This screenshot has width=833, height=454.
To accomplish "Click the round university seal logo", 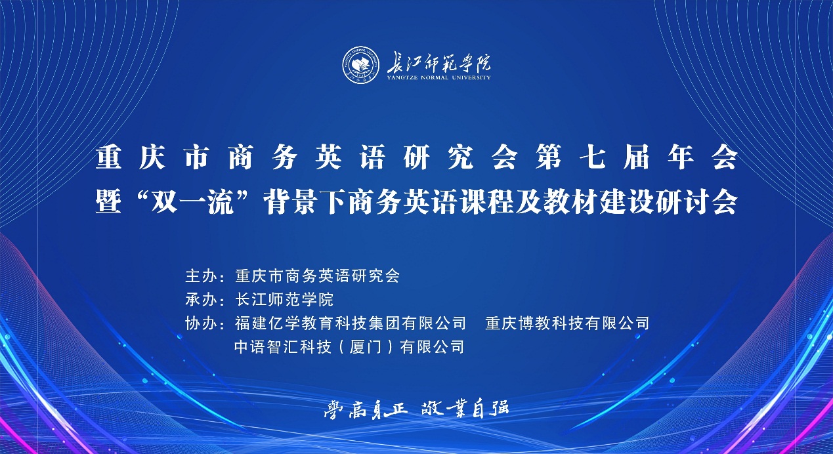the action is (x=361, y=65).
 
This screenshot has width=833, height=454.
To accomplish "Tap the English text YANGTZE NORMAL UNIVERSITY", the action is (x=438, y=77).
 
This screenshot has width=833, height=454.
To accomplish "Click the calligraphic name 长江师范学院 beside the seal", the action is (x=438, y=63).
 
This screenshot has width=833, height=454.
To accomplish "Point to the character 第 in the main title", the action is (x=549, y=157).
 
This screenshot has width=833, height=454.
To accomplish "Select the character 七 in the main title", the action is (x=593, y=157).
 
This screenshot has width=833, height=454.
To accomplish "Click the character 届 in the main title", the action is (x=637, y=157).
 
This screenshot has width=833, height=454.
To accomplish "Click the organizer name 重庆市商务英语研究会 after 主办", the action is (x=317, y=276).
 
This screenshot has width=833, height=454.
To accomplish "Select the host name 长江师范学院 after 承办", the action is (x=284, y=299).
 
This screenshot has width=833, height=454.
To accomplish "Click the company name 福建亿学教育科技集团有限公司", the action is (x=351, y=323).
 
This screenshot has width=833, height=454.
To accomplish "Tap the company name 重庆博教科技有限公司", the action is (x=567, y=323).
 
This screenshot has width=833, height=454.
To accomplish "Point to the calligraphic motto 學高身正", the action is (x=366, y=409).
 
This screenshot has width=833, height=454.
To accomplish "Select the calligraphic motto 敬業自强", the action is (x=465, y=409).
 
